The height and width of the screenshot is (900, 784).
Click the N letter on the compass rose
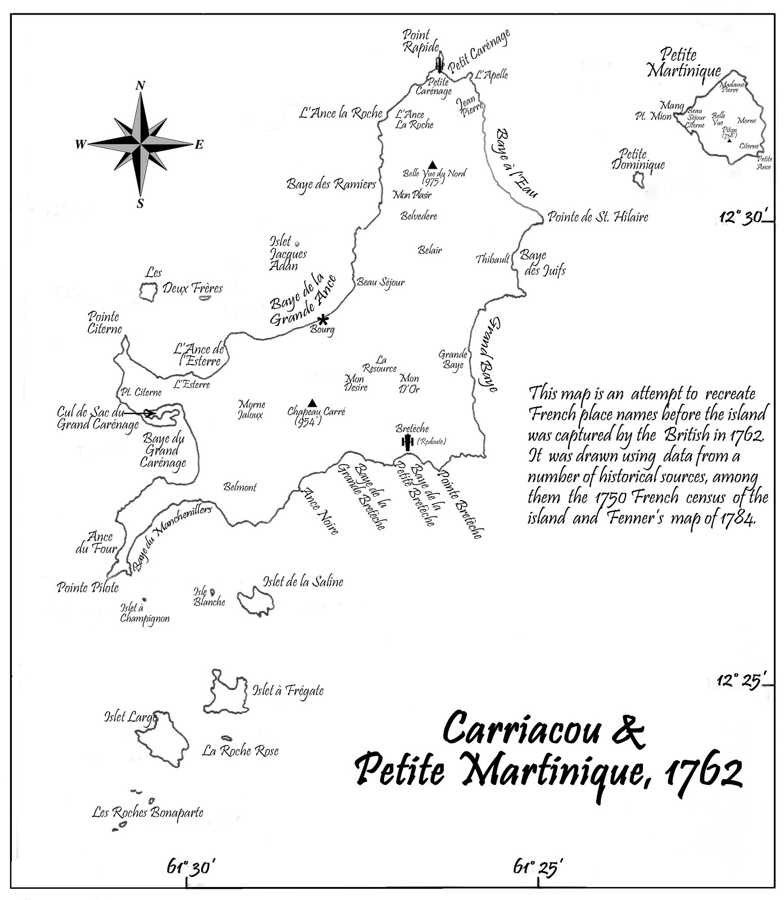tap(140, 85)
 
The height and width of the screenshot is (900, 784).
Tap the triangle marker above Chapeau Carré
tap(313, 403)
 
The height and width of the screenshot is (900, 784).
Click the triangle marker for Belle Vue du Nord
tap(432, 164)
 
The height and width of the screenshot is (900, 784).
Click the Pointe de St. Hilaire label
tap(598, 217)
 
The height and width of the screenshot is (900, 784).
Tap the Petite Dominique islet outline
tap(638, 180)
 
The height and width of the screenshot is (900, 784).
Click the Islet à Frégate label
tap(288, 690)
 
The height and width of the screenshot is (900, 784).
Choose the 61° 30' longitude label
tap(191, 867)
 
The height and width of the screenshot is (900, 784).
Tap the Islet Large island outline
tap(161, 737)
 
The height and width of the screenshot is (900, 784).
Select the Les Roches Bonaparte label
tap(148, 812)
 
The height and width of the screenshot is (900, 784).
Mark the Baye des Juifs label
tap(542, 263)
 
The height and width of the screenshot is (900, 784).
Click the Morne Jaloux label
tap(251, 409)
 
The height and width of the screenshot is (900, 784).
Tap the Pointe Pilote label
tap(88, 587)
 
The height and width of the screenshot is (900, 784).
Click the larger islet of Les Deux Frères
tap(148, 291)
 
